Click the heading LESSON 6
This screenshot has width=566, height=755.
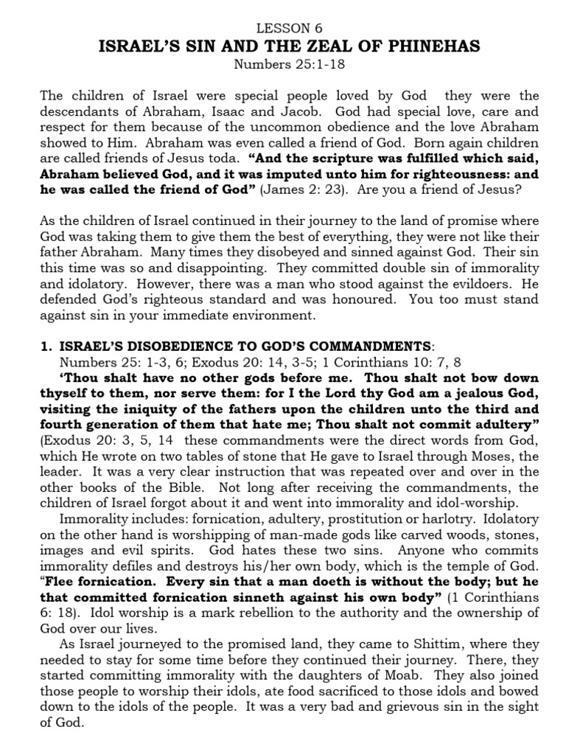tap(284, 28)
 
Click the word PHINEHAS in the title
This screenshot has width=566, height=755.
tap(437, 46)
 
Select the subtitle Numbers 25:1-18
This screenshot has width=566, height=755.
tap(283, 64)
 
